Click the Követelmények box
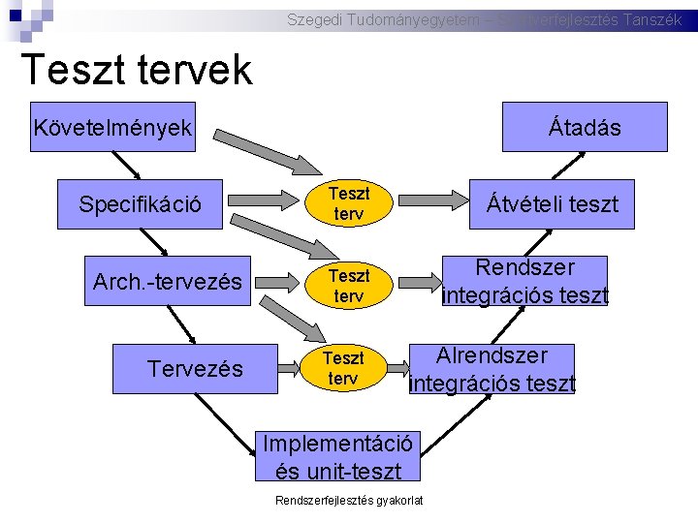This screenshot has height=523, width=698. (x=112, y=127)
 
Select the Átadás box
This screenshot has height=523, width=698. (x=585, y=127)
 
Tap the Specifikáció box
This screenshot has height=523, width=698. (x=141, y=204)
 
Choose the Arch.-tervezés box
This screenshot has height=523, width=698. (x=168, y=282)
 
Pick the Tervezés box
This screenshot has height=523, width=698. (x=195, y=368)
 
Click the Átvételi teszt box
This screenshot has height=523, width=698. (x=552, y=204)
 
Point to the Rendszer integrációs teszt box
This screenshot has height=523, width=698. (x=524, y=281)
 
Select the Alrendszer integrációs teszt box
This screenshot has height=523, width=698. (x=492, y=369)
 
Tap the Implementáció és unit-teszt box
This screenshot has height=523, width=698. (x=338, y=456)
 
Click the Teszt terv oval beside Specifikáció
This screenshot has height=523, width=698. (x=347, y=204)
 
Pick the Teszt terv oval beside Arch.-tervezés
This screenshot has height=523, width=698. (x=347, y=286)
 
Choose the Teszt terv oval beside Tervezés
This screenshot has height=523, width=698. (x=343, y=368)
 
